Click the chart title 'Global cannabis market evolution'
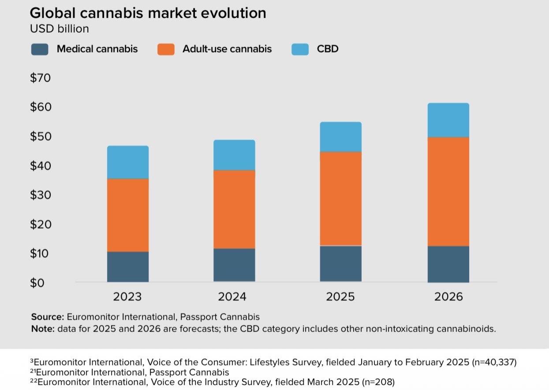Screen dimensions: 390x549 148,13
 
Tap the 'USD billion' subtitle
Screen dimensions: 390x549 59,29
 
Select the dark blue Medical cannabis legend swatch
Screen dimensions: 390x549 40,48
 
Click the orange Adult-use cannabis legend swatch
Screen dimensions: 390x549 166,48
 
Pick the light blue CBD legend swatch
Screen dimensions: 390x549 300,48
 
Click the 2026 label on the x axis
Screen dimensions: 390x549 448,297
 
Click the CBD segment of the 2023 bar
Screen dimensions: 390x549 128,162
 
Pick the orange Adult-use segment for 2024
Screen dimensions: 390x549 234,209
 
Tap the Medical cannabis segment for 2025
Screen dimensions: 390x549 340,264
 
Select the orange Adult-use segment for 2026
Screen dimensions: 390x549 448,191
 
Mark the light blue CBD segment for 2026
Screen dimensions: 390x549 448,120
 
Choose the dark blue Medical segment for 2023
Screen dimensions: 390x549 128,267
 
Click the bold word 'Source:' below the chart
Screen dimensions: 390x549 48,317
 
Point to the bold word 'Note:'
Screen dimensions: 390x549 43,329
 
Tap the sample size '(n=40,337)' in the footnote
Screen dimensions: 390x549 494,362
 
